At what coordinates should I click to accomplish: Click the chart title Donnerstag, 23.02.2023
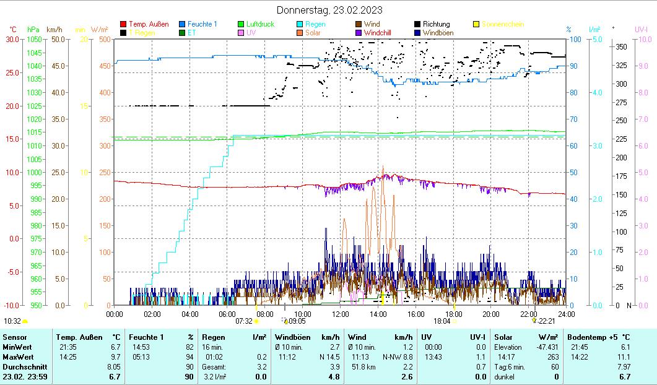pyautogui.click(x=329, y=10)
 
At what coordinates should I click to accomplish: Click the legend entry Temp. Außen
pyautogui.click(x=149, y=24)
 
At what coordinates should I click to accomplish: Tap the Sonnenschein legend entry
pyautogui.click(x=502, y=24)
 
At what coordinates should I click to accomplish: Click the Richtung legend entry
pyautogui.click(x=436, y=24)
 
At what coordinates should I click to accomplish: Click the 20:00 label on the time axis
pyautogui.click(x=491, y=314)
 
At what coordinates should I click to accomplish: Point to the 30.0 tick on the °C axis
pyautogui.click(x=12, y=40)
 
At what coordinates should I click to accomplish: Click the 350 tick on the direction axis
pyautogui.click(x=622, y=47)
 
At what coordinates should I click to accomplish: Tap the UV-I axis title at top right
pyautogui.click(x=641, y=29)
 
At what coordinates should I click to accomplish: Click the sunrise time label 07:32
pyautogui.click(x=244, y=321)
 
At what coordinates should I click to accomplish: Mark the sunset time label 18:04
pyautogui.click(x=442, y=321)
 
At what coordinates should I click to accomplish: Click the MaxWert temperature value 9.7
pyautogui.click(x=115, y=357)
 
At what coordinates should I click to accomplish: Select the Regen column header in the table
pyautogui.click(x=214, y=337)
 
